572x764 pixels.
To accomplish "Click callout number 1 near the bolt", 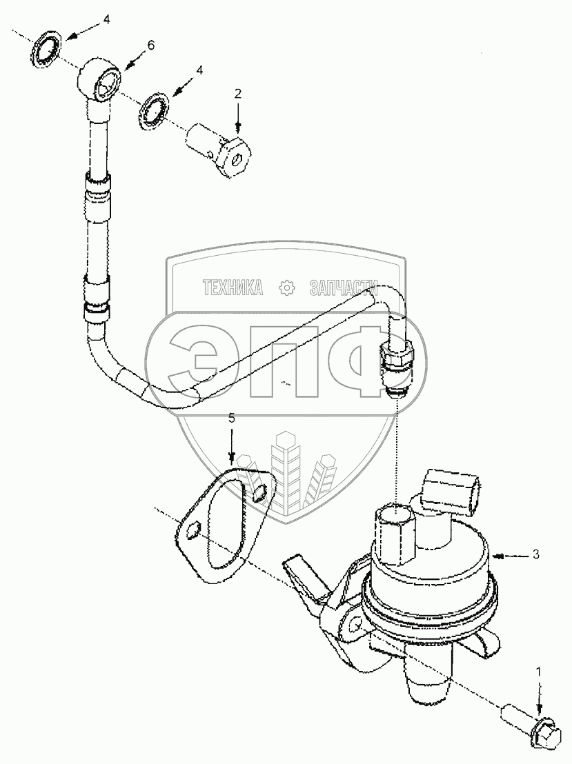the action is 540,670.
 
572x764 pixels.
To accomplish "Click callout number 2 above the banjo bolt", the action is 238,94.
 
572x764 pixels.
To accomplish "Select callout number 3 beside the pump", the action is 535,554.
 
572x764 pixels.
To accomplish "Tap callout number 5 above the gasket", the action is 232,419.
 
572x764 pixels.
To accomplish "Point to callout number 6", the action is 150,46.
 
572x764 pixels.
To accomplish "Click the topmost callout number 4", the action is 107,20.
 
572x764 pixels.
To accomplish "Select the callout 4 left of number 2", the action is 199,70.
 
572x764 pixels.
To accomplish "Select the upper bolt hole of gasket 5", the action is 259,493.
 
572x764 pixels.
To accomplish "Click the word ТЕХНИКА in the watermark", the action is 233,288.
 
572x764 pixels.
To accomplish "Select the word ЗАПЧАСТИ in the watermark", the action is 345,288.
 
